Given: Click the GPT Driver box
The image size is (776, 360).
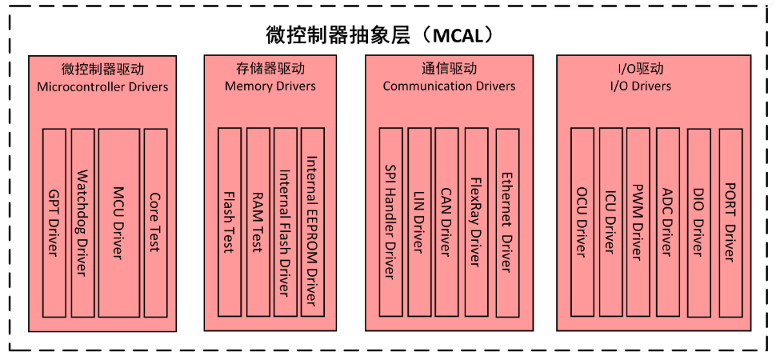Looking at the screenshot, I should (54, 222).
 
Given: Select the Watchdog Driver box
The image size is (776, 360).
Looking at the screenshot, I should (82, 222).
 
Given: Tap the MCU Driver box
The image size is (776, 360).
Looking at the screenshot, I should (118, 222).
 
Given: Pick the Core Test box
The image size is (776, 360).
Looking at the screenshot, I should (154, 222).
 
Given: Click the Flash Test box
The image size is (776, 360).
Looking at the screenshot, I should (229, 222).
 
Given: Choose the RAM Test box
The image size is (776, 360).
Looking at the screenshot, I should (258, 222).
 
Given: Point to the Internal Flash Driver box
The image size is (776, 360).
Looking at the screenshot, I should (285, 222).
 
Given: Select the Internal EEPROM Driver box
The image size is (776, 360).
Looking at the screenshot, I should (313, 222).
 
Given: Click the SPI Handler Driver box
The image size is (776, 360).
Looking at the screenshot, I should (390, 222).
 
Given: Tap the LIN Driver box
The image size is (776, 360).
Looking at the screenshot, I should (419, 222).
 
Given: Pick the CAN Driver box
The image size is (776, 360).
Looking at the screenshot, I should (447, 222).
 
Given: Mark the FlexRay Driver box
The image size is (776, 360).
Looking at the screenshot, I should (475, 222).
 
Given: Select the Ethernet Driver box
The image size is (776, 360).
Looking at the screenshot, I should (506, 222).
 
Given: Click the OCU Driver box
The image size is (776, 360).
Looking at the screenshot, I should (582, 222).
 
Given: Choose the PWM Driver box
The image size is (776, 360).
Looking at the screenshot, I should (638, 222).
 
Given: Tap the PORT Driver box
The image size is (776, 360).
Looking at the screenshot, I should (730, 222).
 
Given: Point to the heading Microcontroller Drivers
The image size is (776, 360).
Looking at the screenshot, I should (102, 86).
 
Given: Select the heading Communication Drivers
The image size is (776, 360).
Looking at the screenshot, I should (449, 86).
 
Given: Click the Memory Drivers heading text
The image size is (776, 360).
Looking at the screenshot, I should (270, 86).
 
